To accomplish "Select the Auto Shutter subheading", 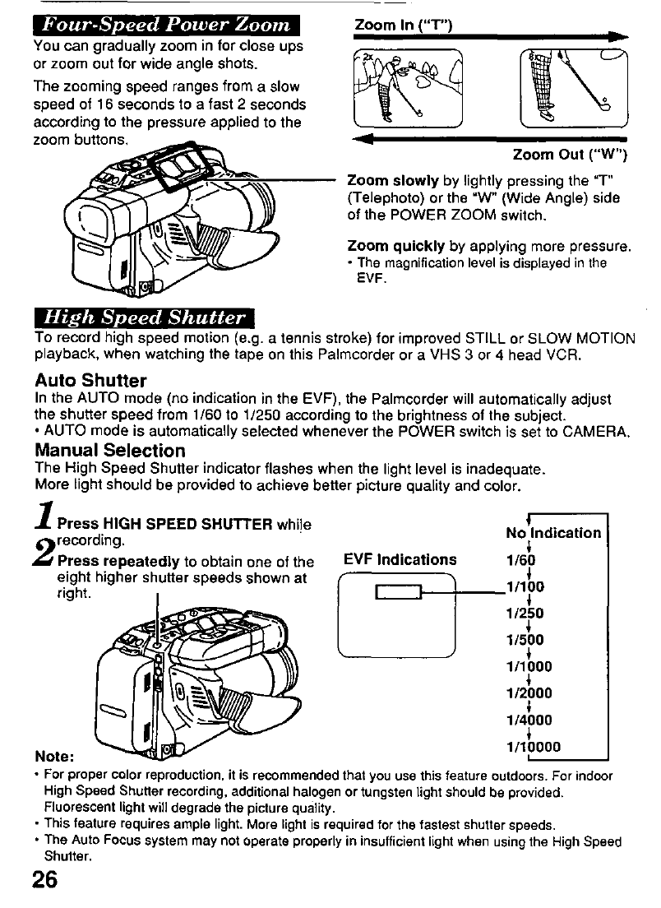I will pos(90,381).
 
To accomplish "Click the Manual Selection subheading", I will pos(109,450).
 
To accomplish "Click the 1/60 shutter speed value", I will pos(522,561).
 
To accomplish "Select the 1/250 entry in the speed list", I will pos(525,614).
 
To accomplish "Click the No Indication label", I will pos(553,533).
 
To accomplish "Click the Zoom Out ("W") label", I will pos(570,155).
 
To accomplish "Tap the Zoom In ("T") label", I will pos(403,25).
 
